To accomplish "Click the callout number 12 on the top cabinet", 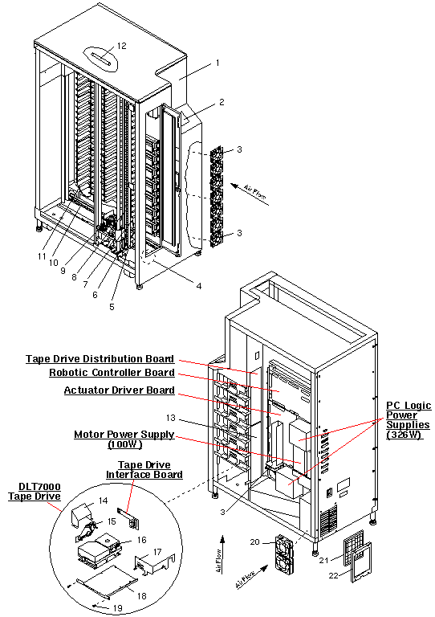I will [121, 46].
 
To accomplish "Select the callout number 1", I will [217, 63].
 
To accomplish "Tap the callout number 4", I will [199, 284].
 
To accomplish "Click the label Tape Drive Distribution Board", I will [100, 359].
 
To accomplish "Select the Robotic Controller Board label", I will [112, 373].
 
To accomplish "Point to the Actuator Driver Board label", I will [119, 390].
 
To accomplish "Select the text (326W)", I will [409, 435].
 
